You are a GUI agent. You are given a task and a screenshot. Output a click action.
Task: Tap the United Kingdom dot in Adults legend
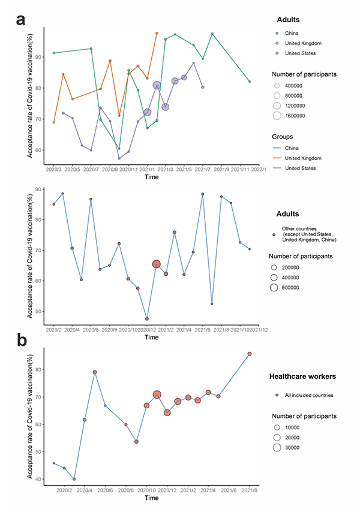[x=277, y=43]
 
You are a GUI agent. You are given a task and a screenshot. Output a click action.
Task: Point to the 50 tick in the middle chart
[x=40, y=311]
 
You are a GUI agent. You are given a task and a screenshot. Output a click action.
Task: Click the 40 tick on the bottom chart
[x=40, y=479]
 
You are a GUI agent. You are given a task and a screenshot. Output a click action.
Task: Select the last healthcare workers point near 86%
[x=250, y=354]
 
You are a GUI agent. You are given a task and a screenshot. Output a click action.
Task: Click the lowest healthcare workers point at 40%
[x=74, y=479]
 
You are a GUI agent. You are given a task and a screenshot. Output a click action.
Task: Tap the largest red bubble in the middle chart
[x=157, y=264]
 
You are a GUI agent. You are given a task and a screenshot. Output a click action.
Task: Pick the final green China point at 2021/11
[x=250, y=82]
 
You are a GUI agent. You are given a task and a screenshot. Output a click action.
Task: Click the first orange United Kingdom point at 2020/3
[x=54, y=122]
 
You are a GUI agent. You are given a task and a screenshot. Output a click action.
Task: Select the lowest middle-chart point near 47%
[x=147, y=319]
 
